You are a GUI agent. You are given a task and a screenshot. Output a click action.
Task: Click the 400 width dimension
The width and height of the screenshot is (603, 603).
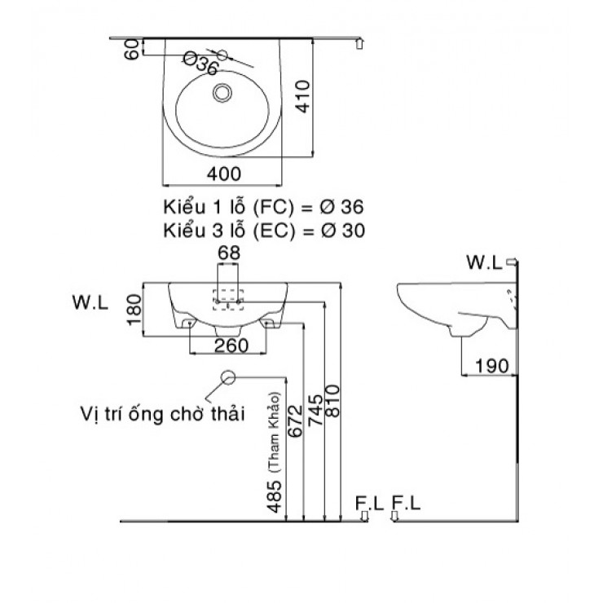[x=223, y=173]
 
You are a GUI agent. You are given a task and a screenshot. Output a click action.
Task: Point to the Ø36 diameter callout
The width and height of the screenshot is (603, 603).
[x=200, y=64]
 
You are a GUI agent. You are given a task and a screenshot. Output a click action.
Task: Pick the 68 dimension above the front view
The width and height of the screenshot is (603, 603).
[x=229, y=254]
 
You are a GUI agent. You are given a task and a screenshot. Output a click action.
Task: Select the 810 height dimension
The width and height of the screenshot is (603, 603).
[x=332, y=401]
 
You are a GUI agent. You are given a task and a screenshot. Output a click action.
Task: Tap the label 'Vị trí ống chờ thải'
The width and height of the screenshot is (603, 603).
[x=162, y=412]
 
